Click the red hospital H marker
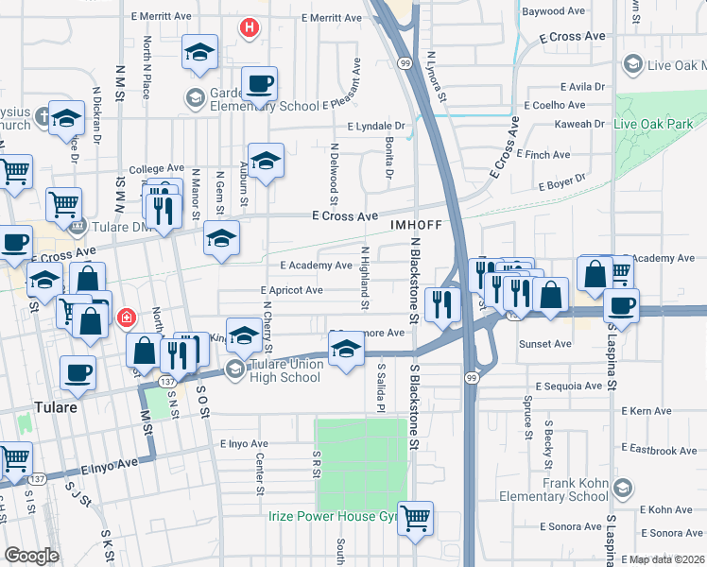[x=249, y=28]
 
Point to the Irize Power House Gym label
[x=331, y=515]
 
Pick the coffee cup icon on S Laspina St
[x=621, y=306]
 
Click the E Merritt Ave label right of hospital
[x=332, y=18]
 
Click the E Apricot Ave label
[x=292, y=290]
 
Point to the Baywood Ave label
[x=554, y=11]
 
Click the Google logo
[x=32, y=555]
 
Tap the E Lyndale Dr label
[x=375, y=126]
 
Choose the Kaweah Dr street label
[x=580, y=124]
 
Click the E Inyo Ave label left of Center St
[x=245, y=443]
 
